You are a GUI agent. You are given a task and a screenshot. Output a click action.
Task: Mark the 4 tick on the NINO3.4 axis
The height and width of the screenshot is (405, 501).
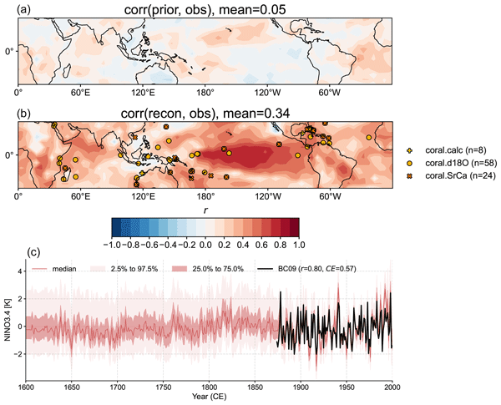(x=18, y=271)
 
